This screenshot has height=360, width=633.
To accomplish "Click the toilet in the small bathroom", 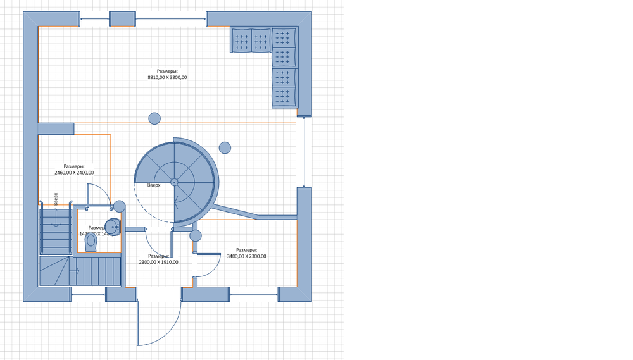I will point(92,242).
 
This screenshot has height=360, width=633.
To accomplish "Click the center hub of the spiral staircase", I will point(174,182).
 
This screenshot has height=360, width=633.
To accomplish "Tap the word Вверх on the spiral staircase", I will point(154,185).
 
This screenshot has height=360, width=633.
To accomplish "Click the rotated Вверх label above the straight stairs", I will point(56,199).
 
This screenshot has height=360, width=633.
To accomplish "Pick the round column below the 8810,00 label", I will point(154,118).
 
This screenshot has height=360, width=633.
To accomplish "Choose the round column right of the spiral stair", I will point(225,147).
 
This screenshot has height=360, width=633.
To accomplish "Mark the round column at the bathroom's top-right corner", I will point(119,206).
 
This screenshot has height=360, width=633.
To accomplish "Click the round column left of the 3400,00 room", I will point(196,235).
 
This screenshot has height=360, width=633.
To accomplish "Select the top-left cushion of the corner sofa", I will point(241,41).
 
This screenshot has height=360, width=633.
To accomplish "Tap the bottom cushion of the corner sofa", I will point(284,97).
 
